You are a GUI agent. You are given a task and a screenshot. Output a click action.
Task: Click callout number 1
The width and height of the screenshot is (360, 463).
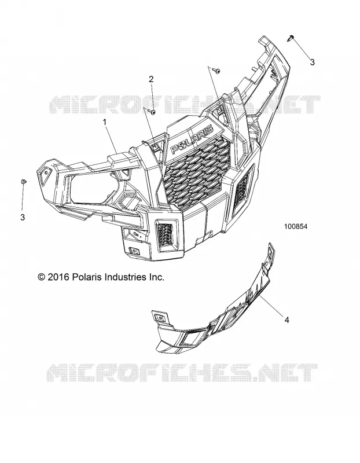104,122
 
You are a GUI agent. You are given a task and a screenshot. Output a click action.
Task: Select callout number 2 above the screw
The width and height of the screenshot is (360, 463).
151,79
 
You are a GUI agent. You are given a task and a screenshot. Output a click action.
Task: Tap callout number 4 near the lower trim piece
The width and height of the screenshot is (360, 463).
286,319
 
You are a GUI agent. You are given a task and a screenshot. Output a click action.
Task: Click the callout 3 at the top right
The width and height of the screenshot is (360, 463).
312,62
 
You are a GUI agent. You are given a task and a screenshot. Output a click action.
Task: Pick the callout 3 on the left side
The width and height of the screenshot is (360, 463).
23,218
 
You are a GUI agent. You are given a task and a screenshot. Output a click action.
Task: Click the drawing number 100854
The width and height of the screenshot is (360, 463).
287,226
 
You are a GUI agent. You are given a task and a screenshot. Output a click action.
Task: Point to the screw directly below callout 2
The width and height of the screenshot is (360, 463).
153,112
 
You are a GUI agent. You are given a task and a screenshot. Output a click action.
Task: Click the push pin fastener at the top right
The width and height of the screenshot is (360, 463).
291,37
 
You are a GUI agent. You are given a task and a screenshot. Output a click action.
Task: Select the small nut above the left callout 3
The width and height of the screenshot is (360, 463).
23,181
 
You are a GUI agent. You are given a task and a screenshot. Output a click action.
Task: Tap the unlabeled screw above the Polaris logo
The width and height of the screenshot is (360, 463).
218,71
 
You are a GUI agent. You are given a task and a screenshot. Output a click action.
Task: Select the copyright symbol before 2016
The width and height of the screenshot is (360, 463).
41,277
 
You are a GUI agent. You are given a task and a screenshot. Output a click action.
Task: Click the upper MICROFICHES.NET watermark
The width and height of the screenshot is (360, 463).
185,104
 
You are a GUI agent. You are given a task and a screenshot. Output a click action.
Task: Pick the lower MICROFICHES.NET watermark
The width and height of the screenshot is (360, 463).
182,373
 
